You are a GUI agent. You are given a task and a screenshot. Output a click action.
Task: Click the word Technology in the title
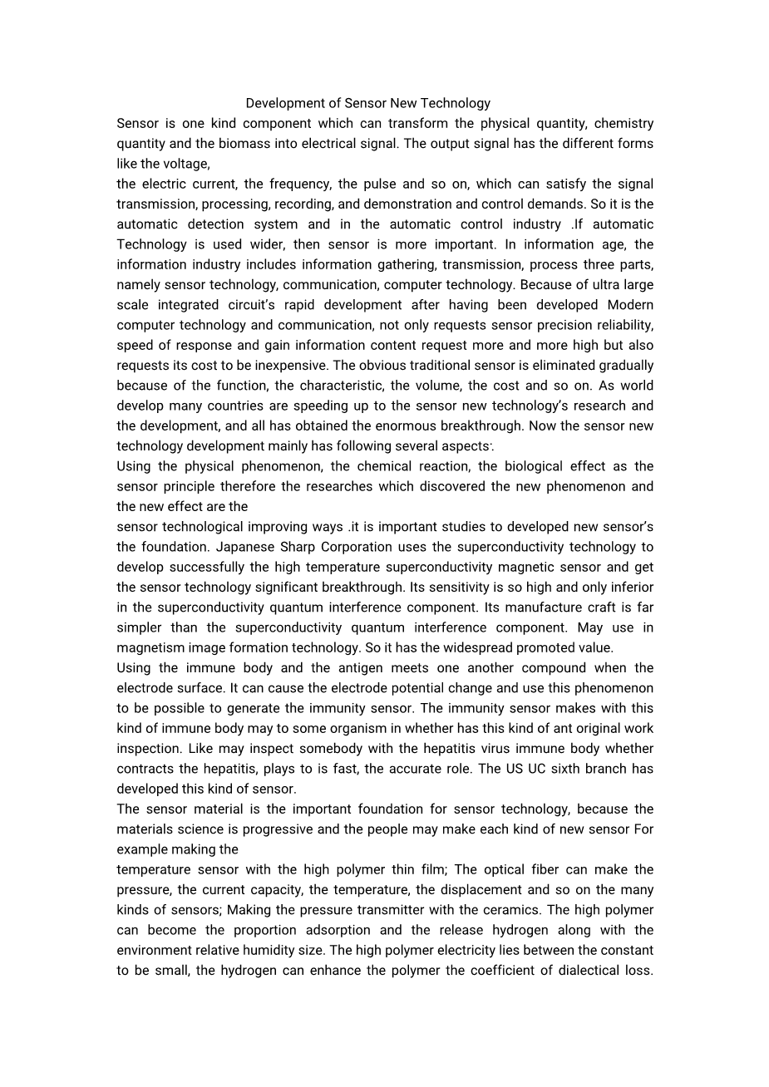[456, 103]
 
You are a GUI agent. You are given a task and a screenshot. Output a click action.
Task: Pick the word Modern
[630, 305]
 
